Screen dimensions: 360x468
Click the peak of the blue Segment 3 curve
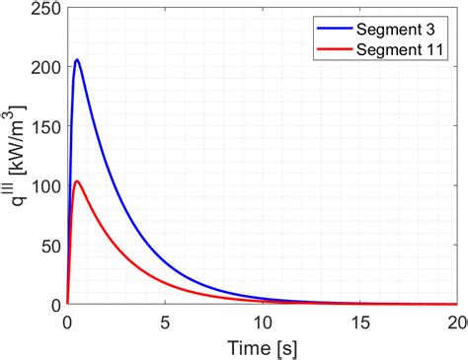[x=76, y=60]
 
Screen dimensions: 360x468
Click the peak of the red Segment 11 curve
[x=76, y=180]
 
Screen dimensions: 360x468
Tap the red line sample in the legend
[x=336, y=48]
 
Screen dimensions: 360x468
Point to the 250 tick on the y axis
[x=44, y=9]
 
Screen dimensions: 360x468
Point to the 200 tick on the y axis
[x=44, y=68]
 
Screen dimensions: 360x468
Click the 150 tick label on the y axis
[x=44, y=127]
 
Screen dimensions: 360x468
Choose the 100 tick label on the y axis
[x=44, y=186]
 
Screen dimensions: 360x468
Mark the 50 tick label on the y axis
[x=48, y=246]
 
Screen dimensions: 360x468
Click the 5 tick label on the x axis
[x=165, y=322]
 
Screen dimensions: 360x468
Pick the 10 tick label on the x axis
[x=263, y=322]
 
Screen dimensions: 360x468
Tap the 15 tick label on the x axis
[x=361, y=322]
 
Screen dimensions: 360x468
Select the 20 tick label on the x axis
[x=456, y=322]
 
